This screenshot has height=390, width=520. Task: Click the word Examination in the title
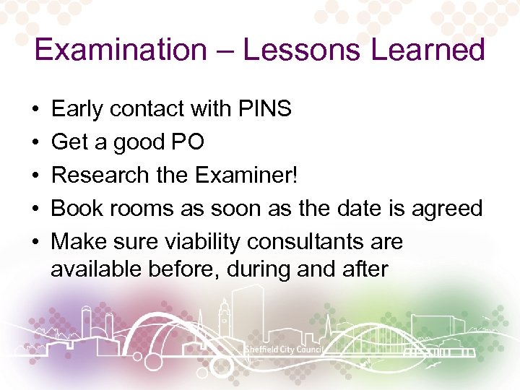coord(120,51)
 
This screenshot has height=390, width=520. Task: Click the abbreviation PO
coord(187,142)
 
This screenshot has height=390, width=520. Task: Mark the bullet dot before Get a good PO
coord(36,143)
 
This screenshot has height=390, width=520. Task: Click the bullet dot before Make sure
coord(36,242)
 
